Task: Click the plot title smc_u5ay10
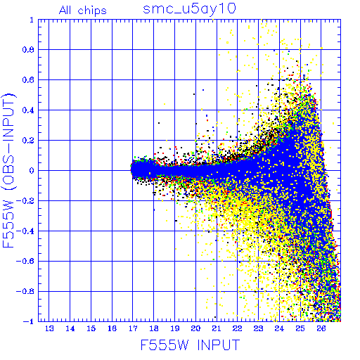[189, 9]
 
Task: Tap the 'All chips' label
[83, 11]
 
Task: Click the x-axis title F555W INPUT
[190, 345]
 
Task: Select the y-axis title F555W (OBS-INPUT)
[8, 170]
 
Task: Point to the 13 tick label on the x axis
[49, 328]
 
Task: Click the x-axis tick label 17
[133, 328]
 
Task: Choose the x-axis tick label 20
[195, 328]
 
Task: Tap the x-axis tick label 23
[258, 328]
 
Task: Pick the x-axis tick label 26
[321, 328]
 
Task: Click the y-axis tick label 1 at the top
[32, 20]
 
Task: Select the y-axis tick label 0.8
[28, 50]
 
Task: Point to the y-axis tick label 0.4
[28, 110]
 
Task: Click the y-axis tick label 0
[32, 171]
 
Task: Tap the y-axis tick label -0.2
[25, 201]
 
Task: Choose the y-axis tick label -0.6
[25, 261]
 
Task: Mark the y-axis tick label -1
[28, 321]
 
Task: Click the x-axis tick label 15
[91, 328]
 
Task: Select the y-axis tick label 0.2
[28, 141]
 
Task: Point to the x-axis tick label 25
[300, 328]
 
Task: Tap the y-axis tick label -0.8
[25, 291]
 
